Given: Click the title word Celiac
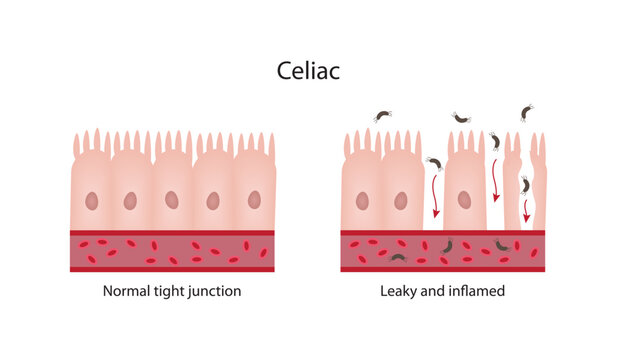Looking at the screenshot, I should pos(308,71).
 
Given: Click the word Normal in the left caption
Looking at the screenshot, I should pos(128,292).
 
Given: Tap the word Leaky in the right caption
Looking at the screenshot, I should pos(400,292).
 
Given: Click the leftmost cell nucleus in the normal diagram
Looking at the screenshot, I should pos(90,201).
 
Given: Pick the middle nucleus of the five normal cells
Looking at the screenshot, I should pos(172,200).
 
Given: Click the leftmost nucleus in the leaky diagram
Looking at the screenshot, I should pos(362,201).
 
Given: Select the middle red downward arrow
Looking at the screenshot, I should pos(496,185).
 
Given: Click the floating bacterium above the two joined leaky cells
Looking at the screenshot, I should pos(382,116).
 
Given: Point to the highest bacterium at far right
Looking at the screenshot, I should pos(527,113).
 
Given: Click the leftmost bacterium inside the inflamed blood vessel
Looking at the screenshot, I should pos(397,258).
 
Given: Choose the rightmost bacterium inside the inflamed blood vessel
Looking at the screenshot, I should pos(502,245).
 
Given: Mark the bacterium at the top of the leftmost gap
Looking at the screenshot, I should pos(434,163).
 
